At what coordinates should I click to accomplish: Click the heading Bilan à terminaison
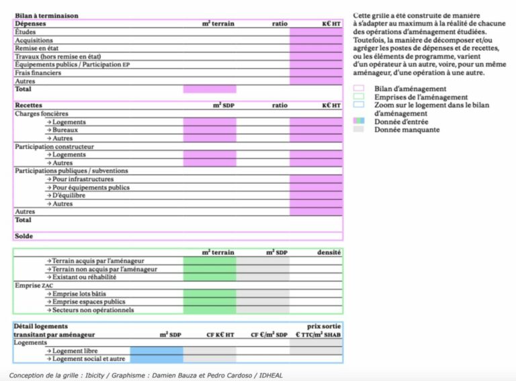(x=46, y=15)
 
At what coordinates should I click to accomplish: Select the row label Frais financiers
(x=38, y=73)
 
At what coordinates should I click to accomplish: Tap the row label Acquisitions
(x=34, y=40)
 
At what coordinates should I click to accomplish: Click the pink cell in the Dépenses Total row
(x=210, y=89)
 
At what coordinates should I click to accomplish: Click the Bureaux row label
(x=64, y=130)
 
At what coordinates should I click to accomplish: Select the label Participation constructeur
(x=54, y=146)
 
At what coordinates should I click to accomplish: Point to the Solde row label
(x=24, y=236)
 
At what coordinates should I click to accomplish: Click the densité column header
(x=329, y=252)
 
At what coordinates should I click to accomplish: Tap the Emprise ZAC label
(x=34, y=285)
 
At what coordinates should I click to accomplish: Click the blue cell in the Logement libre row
(x=156, y=350)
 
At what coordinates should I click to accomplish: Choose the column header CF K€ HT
(x=220, y=334)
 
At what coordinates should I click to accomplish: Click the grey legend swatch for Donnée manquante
(x=359, y=129)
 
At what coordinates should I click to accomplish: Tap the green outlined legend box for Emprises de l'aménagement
(x=359, y=97)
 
